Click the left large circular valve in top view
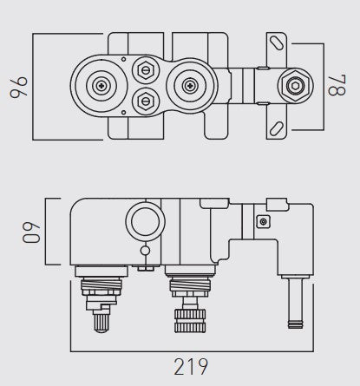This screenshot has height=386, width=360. pyautogui.click(x=101, y=87)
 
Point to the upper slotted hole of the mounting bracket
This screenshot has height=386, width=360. pyautogui.click(x=277, y=42)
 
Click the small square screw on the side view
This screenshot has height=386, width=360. pyautogui.click(x=262, y=222)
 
